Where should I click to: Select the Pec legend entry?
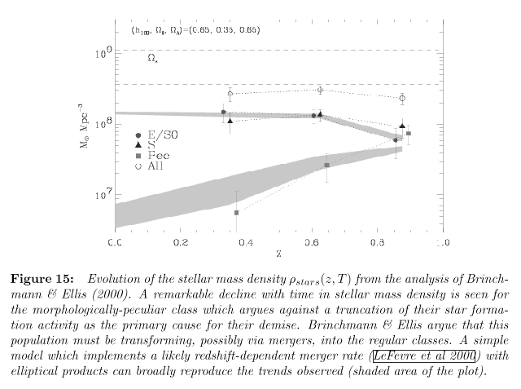point(151,154)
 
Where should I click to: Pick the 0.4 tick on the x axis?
point(246,243)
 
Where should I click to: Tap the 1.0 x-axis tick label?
point(442,243)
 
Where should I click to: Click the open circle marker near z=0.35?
point(230,94)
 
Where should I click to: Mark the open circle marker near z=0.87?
point(402,98)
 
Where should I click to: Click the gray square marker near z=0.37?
point(236,212)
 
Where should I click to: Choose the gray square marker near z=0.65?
point(326,165)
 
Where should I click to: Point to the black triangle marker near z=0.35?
point(230,121)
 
